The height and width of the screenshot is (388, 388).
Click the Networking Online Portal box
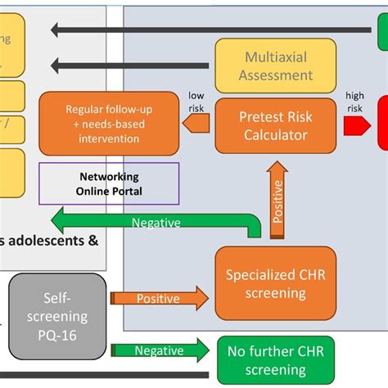(x=109, y=183)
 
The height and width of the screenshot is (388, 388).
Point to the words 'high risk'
(x=355, y=102)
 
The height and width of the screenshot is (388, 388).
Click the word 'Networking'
(x=109, y=177)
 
